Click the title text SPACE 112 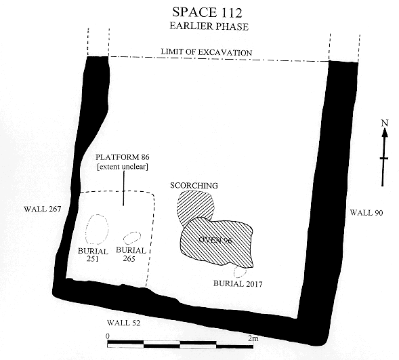click(207, 12)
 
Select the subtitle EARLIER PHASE click(209, 26)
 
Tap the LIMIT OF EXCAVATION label click(207, 52)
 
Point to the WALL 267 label click(43, 209)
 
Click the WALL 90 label click(366, 212)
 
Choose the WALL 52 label click(124, 323)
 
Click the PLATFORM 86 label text click(123, 157)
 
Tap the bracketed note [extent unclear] click(123, 167)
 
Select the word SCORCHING click(194, 186)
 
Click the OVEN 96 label click(215, 240)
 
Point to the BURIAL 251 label click(93, 255)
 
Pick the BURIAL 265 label click(131, 254)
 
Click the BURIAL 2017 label click(238, 283)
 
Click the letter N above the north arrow click(385, 123)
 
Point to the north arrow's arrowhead click(385, 132)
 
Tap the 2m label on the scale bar click(253, 338)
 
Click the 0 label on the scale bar click(108, 336)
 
